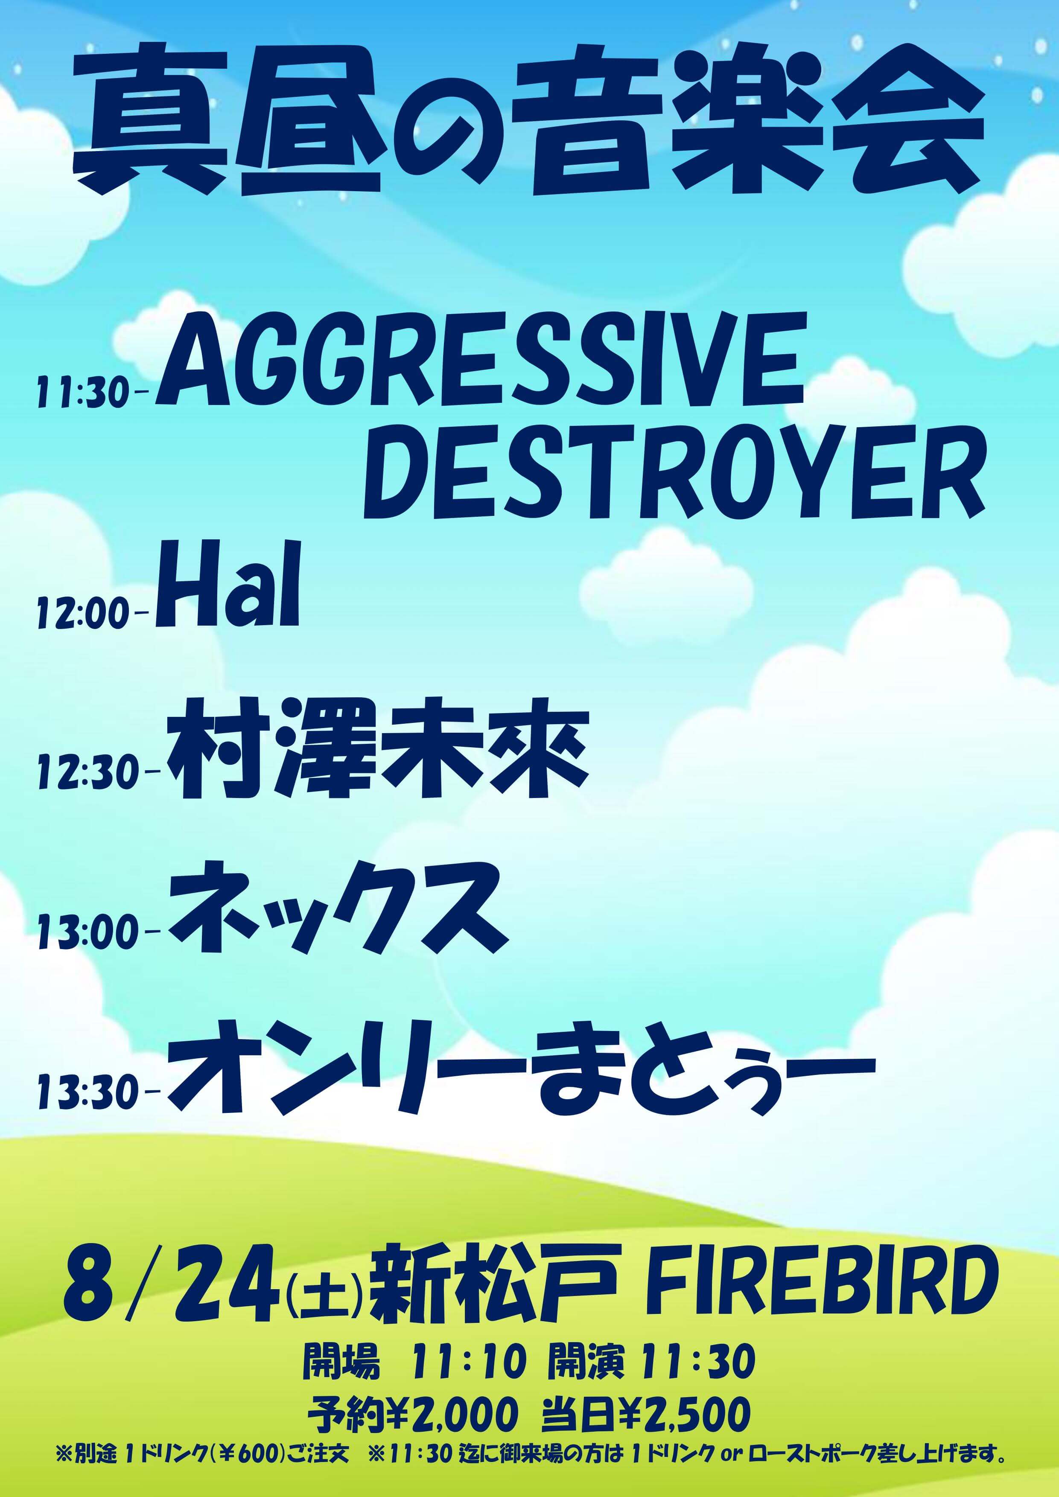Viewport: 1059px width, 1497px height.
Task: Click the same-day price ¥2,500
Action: [x=683, y=1415]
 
